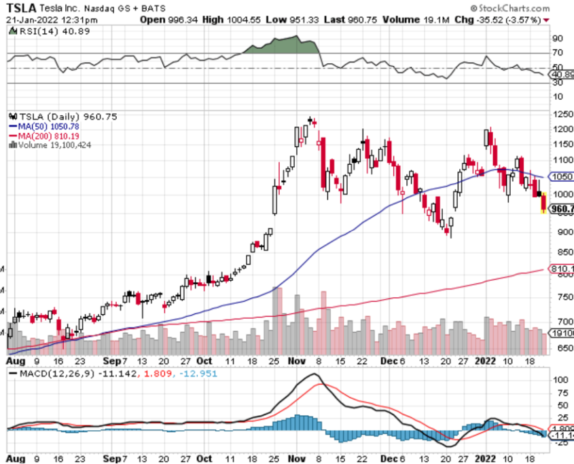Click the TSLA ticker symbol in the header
[23, 7]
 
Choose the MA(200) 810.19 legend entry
[49, 135]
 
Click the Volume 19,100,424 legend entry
[53, 144]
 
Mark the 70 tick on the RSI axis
[557, 52]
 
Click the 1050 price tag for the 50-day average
[560, 176]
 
